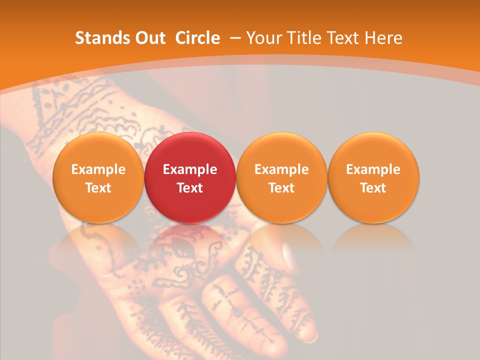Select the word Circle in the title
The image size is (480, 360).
tap(197, 38)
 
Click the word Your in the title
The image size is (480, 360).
tap(263, 38)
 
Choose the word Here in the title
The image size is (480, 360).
tap(383, 38)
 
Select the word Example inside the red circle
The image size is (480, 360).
tap(190, 169)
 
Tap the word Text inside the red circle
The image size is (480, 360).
tap(190, 188)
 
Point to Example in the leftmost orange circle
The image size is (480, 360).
tap(98, 169)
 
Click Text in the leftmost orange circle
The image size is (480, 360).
tap(98, 188)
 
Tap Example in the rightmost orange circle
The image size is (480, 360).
tap(373, 169)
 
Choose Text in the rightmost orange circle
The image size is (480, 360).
tap(373, 188)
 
